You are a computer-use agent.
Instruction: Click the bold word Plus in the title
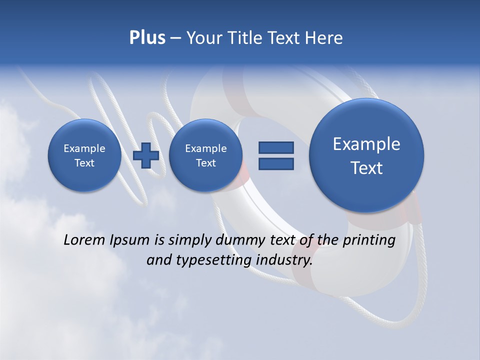[147, 38]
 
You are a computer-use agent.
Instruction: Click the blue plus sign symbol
[146, 155]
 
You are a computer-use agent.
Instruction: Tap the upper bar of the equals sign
[276, 147]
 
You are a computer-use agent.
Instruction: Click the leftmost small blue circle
[84, 155]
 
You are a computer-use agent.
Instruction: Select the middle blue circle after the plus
[205, 155]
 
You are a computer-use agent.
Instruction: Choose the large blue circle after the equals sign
[366, 155]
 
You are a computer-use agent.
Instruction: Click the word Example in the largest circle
[366, 144]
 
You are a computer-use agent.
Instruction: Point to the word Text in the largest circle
[366, 168]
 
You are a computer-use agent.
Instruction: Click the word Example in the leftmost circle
[84, 148]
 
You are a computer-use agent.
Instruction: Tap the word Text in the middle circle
[205, 163]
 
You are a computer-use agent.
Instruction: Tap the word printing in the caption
[368, 240]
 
